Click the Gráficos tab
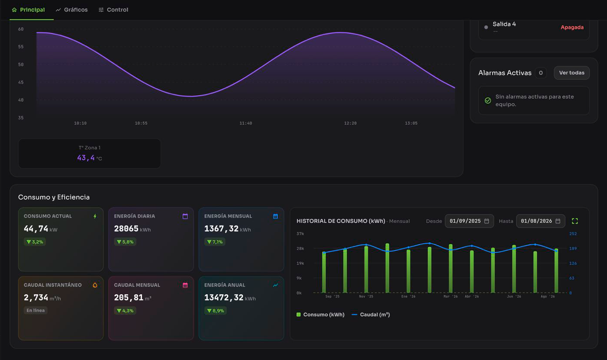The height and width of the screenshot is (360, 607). click(x=72, y=10)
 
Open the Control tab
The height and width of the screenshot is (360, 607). click(x=113, y=10)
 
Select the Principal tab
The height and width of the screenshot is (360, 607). click(x=29, y=10)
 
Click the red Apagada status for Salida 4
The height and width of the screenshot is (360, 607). click(x=572, y=27)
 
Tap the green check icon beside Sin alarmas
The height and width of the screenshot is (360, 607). click(x=488, y=100)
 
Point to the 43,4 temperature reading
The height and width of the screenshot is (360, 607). click(x=86, y=157)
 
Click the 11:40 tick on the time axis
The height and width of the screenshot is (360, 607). click(x=246, y=123)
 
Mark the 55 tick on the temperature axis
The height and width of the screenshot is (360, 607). click(x=21, y=47)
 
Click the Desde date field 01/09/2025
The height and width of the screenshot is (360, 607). click(x=469, y=221)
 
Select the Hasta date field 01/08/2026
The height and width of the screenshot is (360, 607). click(x=541, y=221)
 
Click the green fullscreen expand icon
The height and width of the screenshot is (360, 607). click(x=575, y=221)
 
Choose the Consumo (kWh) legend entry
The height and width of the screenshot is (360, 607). click(x=320, y=315)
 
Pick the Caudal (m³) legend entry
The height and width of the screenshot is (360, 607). click(x=371, y=315)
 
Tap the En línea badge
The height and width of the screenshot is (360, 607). click(x=36, y=310)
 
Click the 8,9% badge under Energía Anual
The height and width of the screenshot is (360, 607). click(x=216, y=311)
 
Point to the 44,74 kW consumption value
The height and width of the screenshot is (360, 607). click(x=41, y=229)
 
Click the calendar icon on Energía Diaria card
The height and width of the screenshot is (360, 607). click(x=185, y=216)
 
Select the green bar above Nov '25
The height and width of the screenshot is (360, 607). click(x=366, y=269)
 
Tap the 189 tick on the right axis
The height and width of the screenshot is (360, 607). click(x=573, y=248)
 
